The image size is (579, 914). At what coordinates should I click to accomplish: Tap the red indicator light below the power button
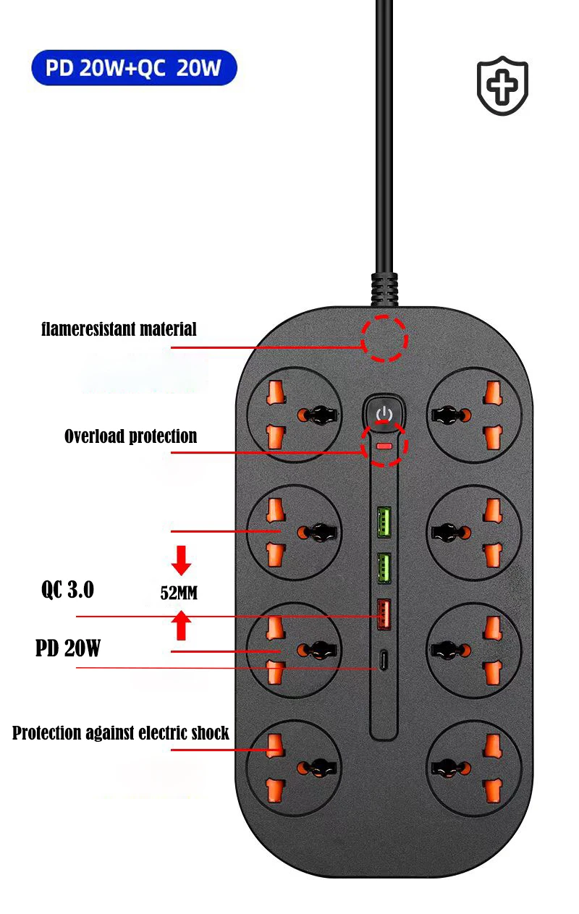click(x=385, y=447)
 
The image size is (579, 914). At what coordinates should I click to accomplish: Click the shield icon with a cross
click(x=502, y=85)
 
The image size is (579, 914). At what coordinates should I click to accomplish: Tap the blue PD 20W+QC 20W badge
click(x=134, y=68)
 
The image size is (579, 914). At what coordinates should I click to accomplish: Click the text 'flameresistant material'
click(x=119, y=329)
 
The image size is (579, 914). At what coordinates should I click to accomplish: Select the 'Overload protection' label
click(x=130, y=436)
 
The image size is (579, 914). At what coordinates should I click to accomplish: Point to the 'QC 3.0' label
click(x=67, y=590)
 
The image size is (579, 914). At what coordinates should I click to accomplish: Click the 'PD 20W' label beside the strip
click(x=68, y=648)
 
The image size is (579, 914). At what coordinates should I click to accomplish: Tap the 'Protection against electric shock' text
click(x=120, y=733)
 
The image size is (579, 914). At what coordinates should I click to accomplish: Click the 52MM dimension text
click(x=179, y=593)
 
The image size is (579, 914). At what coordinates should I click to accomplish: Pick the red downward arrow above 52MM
click(x=182, y=560)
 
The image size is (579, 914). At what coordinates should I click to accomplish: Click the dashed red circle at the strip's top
click(x=384, y=338)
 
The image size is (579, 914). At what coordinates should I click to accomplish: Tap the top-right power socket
click(x=474, y=414)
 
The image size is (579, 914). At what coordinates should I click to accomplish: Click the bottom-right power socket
click(x=474, y=768)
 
